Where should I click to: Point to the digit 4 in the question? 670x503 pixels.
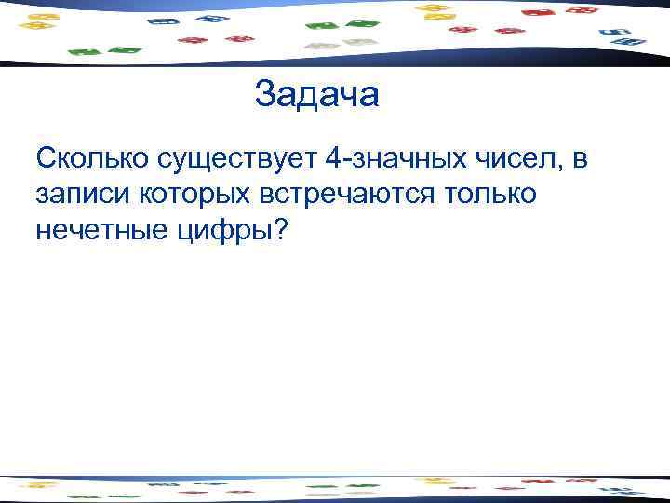point(332,160)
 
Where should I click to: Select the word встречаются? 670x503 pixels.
point(361,196)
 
